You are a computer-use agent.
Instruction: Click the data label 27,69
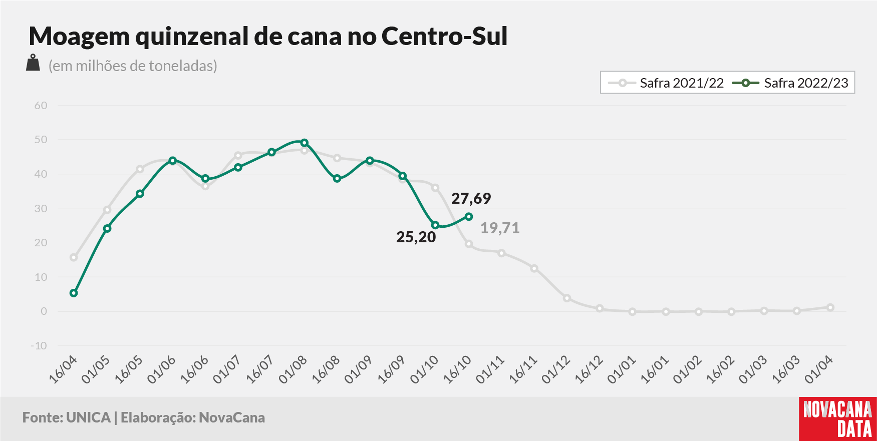point(471,198)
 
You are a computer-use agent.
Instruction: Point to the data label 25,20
point(416,237)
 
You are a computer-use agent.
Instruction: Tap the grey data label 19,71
point(500,228)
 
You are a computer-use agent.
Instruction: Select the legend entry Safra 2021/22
point(666,83)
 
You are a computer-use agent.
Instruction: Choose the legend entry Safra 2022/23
point(790,83)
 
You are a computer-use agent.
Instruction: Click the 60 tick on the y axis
point(41,106)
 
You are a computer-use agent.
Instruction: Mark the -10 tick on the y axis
point(39,346)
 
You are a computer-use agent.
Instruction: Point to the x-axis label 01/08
point(293,370)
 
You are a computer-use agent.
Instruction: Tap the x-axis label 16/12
point(589,370)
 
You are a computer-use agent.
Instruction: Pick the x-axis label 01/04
point(818,370)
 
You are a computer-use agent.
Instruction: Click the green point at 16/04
point(74,293)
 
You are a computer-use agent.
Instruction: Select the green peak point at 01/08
point(304,143)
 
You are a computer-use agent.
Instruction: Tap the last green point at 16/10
point(469,217)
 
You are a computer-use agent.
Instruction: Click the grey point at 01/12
point(567,298)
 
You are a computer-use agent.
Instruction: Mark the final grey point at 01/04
point(830,307)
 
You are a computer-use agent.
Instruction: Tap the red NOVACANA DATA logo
point(837,419)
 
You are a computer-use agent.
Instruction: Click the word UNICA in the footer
point(88,417)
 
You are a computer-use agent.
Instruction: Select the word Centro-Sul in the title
point(445,36)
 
